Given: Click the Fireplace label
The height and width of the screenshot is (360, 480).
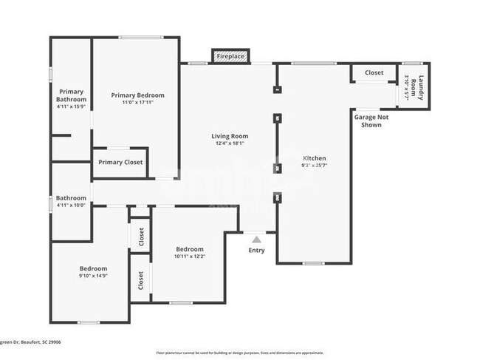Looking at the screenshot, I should (x=230, y=56).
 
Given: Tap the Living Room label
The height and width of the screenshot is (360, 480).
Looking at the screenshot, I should (x=230, y=136).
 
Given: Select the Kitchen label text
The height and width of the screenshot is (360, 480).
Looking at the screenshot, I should (x=315, y=158).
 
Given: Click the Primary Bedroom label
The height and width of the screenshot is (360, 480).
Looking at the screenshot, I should (x=137, y=95).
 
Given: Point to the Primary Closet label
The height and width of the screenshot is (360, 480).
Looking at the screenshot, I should (x=120, y=163).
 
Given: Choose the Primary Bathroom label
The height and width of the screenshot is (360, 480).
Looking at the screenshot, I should (x=72, y=95).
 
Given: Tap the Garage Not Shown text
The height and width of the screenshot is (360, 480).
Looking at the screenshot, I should (x=371, y=121).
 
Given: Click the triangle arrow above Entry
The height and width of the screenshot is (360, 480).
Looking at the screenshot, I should (x=256, y=240).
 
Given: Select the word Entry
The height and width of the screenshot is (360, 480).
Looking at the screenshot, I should (x=256, y=251).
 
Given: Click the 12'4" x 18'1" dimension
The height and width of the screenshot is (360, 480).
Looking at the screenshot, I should (x=230, y=144).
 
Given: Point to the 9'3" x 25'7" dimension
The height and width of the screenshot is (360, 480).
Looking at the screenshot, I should (x=315, y=166).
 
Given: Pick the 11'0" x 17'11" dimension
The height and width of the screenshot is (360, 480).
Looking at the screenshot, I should (x=137, y=103).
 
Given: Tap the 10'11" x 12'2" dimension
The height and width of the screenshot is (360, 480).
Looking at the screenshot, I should (x=190, y=257).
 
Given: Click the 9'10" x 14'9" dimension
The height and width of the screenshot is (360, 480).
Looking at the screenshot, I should (x=94, y=276).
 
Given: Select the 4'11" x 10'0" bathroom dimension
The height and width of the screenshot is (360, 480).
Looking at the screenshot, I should (x=72, y=206).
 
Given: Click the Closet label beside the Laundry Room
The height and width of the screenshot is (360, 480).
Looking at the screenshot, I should (x=374, y=73).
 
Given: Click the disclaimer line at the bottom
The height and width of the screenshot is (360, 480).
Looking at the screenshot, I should (x=239, y=353).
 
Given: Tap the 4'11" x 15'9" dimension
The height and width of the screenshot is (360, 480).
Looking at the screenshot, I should (x=72, y=107).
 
